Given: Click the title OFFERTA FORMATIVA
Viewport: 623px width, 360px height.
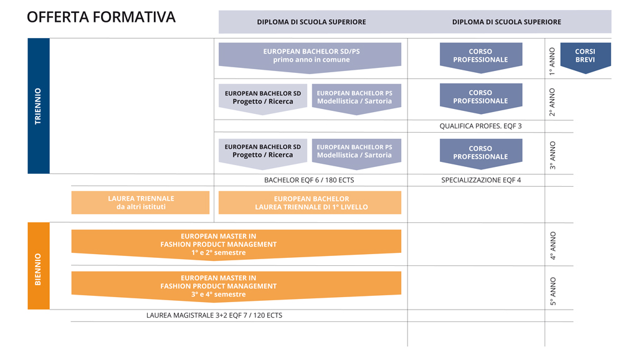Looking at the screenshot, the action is [101, 17].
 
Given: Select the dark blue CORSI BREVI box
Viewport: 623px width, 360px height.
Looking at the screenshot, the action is [585, 58].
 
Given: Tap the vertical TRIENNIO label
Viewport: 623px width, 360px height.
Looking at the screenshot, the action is [38, 106].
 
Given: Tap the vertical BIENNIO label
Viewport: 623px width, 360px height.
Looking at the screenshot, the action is [38, 269].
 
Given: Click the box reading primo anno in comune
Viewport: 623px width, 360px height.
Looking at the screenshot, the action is [310, 58].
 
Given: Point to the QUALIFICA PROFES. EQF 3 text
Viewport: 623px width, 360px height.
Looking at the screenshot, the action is [480, 126].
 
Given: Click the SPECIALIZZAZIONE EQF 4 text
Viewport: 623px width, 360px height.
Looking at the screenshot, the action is [481, 180].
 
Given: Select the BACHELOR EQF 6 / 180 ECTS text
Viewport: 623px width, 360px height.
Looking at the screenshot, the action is [309, 180].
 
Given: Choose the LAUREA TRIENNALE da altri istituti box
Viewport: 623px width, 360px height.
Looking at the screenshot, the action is [140, 202].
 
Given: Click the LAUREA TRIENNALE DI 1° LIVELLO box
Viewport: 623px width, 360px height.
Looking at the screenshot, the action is [310, 202].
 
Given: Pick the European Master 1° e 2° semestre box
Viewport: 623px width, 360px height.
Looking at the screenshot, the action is [236, 244].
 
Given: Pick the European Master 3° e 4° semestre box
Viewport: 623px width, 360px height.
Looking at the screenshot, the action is [236, 286].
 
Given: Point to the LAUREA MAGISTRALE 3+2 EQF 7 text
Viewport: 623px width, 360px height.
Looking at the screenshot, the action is [214, 316].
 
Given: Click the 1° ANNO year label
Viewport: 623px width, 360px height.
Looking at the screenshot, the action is [552, 61].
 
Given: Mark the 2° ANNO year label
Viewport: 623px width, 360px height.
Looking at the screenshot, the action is [552, 102].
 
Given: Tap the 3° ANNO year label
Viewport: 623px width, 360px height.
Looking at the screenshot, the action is [552, 155].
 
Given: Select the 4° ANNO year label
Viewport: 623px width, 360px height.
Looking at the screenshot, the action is [553, 245].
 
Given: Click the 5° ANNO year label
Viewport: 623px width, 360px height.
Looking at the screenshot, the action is [553, 291].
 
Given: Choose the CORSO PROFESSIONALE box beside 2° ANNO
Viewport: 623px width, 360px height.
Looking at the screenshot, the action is [481, 98].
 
